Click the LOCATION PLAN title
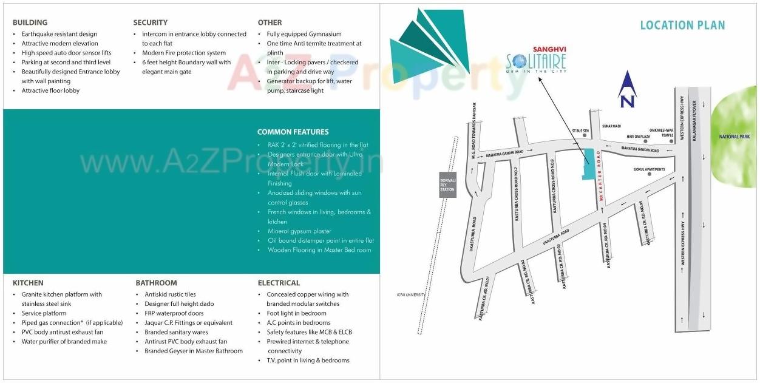click(x=682, y=25)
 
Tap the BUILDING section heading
click(x=30, y=22)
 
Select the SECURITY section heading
click(x=150, y=22)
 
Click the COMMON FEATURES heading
click(x=293, y=132)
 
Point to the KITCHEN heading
click(x=28, y=283)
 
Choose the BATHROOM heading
click(x=156, y=283)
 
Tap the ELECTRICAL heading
click(x=279, y=283)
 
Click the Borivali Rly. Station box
click(x=447, y=184)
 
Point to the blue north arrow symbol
click(x=627, y=89)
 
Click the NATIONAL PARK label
click(x=734, y=137)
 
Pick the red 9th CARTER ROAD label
click(x=600, y=175)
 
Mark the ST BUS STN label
click(x=580, y=130)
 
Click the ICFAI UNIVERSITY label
click(x=404, y=295)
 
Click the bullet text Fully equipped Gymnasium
click(x=304, y=34)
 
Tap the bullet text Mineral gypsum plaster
click(x=299, y=231)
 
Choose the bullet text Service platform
click(x=44, y=313)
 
